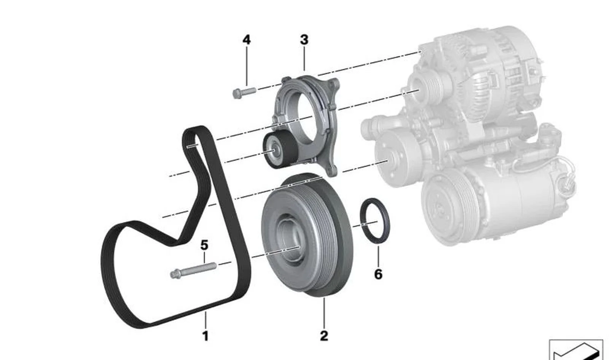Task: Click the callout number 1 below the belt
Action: coord(206,336)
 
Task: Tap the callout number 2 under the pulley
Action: coord(324,336)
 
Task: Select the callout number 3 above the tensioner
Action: coord(304,40)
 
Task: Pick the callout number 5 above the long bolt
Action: coord(204,245)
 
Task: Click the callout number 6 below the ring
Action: coord(378,274)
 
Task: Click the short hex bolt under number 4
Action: coord(244,93)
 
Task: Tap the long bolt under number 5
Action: coord(193,270)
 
